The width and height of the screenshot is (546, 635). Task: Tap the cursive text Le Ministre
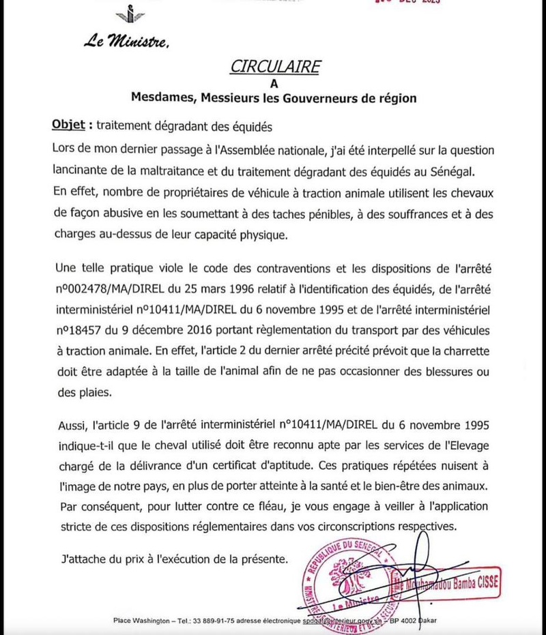coord(126,42)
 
